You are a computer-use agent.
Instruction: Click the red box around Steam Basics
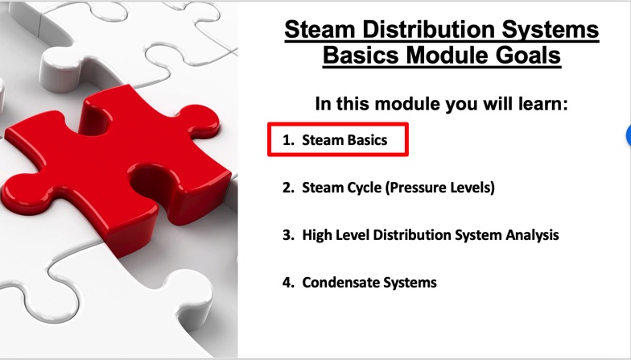[338, 124]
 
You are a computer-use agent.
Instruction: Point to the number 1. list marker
[288, 140]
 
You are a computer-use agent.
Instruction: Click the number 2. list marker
[288, 188]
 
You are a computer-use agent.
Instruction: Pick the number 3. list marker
[288, 235]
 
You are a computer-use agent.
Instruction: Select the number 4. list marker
[288, 283]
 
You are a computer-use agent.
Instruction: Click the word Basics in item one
[367, 140]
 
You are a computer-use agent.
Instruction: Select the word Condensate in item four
[340, 283]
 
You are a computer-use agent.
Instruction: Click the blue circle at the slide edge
[629, 135]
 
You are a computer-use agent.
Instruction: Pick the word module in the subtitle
[407, 104]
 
